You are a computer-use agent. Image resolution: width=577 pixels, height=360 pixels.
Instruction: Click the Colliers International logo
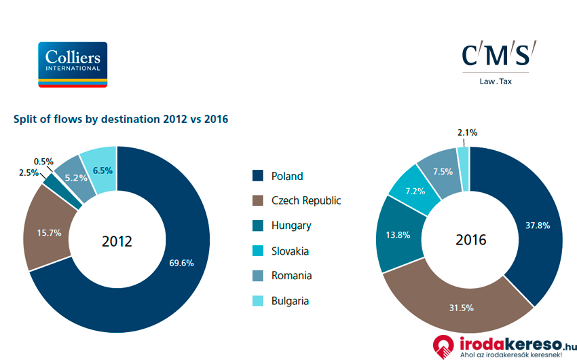tap(73, 65)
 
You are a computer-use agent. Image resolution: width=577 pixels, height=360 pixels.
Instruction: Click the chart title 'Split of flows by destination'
tap(121, 119)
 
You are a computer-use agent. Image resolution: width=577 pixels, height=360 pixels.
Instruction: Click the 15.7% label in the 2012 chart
tap(49, 232)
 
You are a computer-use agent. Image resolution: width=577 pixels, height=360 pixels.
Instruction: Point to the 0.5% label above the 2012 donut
tap(43, 162)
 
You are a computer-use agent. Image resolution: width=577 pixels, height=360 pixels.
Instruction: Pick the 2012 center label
tap(117, 241)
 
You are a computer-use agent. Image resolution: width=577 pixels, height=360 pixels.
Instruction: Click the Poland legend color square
tap(257, 176)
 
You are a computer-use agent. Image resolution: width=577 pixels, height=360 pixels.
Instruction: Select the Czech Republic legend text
tap(306, 201)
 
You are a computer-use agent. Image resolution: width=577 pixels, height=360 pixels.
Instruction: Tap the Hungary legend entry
tap(291, 226)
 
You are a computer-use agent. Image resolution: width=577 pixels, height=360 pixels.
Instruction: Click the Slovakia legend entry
tap(290, 251)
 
